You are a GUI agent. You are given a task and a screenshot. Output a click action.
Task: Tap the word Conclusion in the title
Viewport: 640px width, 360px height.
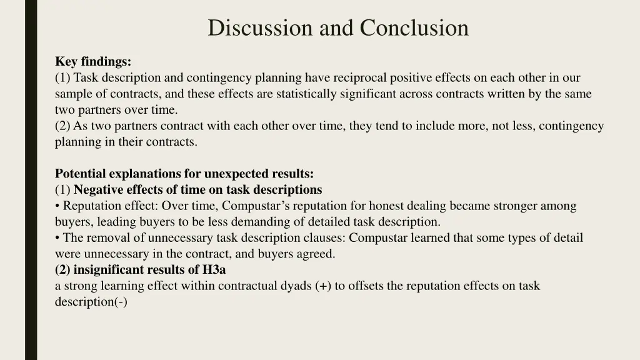click(414, 27)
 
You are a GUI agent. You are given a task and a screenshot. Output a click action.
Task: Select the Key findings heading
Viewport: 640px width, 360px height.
click(93, 61)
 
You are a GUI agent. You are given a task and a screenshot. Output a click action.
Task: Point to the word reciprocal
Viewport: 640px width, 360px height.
click(359, 77)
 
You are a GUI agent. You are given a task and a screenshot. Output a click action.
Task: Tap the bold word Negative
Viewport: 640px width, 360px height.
click(99, 189)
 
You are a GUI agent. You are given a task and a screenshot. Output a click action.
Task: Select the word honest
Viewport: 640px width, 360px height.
click(387, 206)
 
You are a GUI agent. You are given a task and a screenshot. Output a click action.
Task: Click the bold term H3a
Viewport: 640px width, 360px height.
click(214, 270)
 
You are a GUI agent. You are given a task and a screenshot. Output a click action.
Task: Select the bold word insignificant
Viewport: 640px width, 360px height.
click(107, 270)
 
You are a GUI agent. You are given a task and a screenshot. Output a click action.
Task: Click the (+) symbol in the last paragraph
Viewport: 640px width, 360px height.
click(324, 286)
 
